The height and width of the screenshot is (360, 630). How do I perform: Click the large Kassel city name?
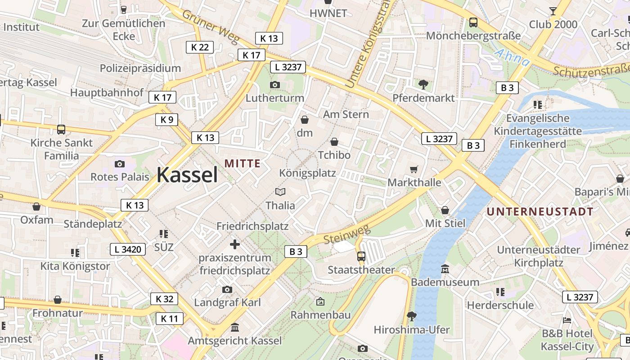click(187, 175)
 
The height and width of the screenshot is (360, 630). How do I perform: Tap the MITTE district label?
click(243, 163)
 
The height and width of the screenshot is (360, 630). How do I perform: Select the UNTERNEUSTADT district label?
click(540, 211)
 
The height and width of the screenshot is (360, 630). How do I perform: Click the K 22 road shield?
click(199, 47)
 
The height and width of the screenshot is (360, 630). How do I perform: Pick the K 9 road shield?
click(166, 120)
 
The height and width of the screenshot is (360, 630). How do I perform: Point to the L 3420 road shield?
click(128, 249)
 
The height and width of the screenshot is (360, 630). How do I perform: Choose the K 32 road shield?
click(164, 299)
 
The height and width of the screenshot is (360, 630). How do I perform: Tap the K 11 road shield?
click(170, 319)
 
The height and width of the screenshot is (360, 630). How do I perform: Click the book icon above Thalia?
click(280, 192)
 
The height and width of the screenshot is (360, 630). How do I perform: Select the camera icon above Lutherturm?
click(274, 85)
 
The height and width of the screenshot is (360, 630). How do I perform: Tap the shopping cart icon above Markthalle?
click(414, 169)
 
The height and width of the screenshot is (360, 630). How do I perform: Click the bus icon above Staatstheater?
click(361, 256)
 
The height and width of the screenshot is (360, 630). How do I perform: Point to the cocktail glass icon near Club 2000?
click(553, 11)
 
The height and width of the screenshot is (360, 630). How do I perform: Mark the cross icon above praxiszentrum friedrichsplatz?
click(234, 244)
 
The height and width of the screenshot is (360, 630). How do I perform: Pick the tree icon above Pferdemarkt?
click(423, 84)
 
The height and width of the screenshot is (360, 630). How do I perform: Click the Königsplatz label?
click(307, 173)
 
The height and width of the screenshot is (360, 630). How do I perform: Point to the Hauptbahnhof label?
click(107, 93)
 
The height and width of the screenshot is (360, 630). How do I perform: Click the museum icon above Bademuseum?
click(445, 269)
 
